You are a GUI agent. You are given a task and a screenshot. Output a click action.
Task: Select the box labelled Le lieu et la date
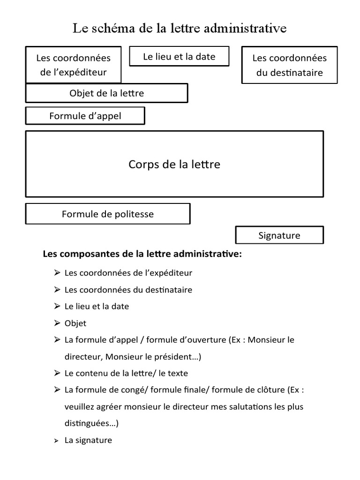[x=179, y=57]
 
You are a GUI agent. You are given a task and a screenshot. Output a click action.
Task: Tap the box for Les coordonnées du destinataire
[x=289, y=65]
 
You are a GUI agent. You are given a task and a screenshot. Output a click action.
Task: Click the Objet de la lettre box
[x=106, y=93]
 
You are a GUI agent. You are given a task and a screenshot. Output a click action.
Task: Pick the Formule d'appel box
[x=85, y=116]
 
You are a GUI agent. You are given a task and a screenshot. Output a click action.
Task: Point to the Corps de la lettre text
[x=174, y=165]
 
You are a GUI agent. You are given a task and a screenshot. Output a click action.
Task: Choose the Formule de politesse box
[x=107, y=214]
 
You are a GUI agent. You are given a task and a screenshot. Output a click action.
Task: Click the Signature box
[x=279, y=236]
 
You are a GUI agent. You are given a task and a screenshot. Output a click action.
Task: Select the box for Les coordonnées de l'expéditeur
[x=73, y=65]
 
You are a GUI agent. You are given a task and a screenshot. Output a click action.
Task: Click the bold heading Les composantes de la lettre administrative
[x=142, y=255]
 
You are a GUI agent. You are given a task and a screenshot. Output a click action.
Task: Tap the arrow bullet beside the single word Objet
[x=57, y=323]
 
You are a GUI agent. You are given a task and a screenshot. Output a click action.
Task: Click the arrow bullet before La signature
[x=57, y=441]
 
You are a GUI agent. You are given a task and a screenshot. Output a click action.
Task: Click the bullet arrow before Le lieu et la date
[x=57, y=306]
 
